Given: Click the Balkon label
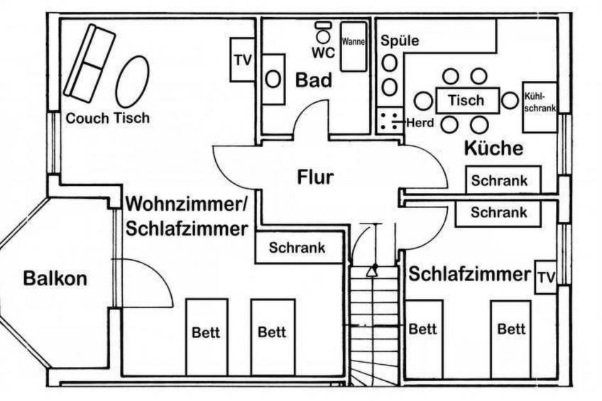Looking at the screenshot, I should pos(55,278).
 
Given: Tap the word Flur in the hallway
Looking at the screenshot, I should pos(314,177).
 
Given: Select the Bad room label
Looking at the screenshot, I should pos(313,81).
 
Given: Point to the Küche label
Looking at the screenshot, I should pos(493,148).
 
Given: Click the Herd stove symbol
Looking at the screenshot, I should pos(388,121).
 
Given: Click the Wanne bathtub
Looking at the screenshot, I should pos(353,45).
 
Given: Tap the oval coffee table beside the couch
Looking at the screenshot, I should pos(132,82).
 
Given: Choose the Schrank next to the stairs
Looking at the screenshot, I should pos(297,248).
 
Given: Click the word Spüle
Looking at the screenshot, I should pos(400,41).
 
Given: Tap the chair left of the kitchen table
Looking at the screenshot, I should pos(423,101).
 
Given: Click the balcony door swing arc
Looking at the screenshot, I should pos(153,280).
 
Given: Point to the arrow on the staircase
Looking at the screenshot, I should pos(371,270).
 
